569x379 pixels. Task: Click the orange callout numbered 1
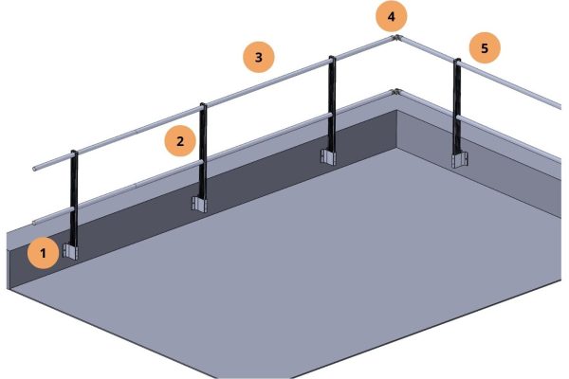[44, 253]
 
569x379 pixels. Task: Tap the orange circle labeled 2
[180, 141]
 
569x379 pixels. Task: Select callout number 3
[258, 57]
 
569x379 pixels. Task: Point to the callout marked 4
[391, 17]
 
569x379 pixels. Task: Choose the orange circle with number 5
[485, 48]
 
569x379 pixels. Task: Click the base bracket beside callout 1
[70, 251]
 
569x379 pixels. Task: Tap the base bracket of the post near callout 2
[199, 204]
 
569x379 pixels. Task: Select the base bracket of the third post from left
[328, 157]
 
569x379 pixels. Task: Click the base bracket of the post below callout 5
[459, 160]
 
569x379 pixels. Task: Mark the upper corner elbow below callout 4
[396, 38]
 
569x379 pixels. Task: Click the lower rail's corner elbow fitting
[395, 92]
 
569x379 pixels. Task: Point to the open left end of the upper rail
[34, 169]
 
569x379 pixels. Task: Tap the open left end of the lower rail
[34, 222]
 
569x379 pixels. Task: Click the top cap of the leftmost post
[74, 152]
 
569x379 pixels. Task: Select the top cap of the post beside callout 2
[203, 105]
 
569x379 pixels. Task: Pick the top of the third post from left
[332, 58]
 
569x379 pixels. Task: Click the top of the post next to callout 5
[457, 61]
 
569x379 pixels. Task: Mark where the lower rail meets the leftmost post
[73, 209]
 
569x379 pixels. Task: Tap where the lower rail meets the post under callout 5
[457, 117]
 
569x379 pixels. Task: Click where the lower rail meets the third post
[331, 116]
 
